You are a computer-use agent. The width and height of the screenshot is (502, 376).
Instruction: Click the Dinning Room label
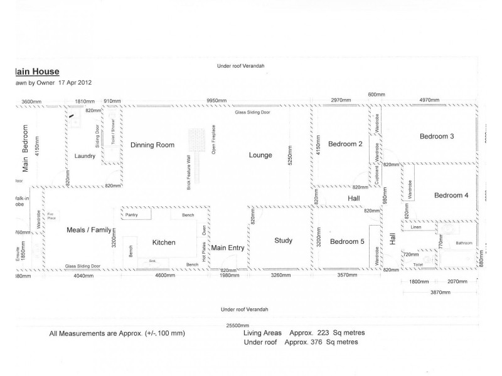152,145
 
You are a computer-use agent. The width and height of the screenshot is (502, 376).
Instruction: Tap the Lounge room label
260,155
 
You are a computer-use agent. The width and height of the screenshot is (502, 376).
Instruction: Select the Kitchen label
164,243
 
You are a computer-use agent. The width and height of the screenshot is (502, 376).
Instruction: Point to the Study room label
284,241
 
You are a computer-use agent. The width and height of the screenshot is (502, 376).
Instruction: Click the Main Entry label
227,248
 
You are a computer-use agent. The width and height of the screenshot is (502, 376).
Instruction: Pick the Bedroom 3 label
437,137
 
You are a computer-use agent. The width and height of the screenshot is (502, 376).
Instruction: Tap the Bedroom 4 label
451,196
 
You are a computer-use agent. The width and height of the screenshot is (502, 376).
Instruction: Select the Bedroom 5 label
346,242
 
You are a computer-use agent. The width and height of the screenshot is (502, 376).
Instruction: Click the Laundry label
84,156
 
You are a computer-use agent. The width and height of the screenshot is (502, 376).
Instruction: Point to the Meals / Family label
88,230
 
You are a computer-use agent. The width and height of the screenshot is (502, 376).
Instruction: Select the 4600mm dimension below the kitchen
166,275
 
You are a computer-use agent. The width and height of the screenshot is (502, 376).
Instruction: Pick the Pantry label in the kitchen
131,215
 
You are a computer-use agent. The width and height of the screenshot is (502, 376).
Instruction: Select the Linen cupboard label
415,227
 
